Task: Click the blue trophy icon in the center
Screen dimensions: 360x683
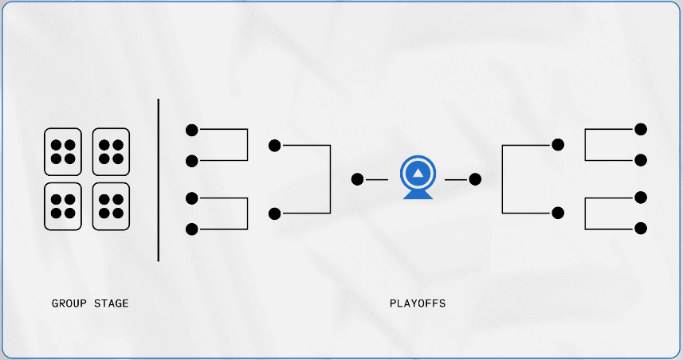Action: (x=418, y=178)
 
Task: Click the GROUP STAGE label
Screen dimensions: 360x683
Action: (x=90, y=303)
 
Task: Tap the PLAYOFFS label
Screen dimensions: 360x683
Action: (x=418, y=303)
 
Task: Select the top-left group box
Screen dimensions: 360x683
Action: (x=63, y=151)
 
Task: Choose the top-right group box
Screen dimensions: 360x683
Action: (x=112, y=151)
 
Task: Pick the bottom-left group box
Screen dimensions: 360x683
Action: (x=63, y=206)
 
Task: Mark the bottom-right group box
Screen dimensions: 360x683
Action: (x=112, y=206)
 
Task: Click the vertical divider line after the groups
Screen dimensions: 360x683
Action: (x=159, y=180)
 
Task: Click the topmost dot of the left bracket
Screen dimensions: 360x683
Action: (x=191, y=129)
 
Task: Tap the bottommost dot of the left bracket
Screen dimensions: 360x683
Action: (x=191, y=229)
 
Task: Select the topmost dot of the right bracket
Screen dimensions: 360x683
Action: (x=640, y=128)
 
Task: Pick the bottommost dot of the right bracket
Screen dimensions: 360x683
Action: (x=640, y=229)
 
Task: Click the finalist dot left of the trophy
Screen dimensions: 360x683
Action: (x=357, y=179)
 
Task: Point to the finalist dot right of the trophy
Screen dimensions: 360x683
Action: (x=476, y=179)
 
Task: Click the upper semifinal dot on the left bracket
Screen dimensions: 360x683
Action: (x=275, y=145)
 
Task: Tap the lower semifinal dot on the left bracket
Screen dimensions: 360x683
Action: (x=275, y=213)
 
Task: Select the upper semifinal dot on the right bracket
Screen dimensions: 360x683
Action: (x=558, y=145)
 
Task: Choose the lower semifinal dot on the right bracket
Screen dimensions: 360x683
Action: (x=558, y=213)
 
